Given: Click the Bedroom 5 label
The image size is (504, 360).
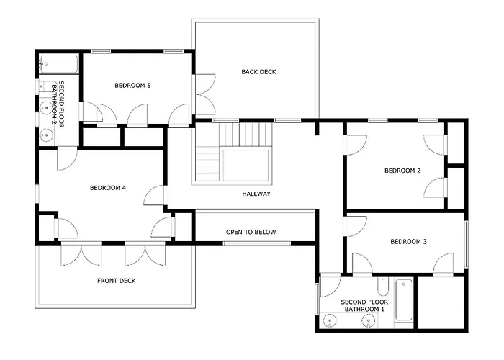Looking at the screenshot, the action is tap(132, 86).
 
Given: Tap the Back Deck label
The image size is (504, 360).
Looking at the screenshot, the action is tap(258, 72).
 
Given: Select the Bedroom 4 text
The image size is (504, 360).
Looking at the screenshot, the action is tap(108, 188).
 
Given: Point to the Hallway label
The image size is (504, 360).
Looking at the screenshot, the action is tap(256, 194).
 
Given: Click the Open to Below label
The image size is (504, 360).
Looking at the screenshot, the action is tap(251, 232).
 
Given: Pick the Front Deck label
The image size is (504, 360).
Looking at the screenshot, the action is tap(117, 281).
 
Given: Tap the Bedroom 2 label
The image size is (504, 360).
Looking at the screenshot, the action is tap(402, 171).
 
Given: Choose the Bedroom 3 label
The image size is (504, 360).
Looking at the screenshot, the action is tap(408, 241).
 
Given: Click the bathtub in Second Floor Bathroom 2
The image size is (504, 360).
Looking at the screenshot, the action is tap(58, 64).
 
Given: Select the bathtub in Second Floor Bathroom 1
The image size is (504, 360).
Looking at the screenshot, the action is tap(404, 300).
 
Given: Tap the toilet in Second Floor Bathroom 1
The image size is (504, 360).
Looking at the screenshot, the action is tap(383, 287).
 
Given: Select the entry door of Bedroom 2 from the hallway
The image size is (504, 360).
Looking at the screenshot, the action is tap(356, 145).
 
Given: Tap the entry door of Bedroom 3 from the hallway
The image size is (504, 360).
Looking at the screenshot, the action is tap(356, 227).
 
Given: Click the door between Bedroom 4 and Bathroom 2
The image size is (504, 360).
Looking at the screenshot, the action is tap(68, 158).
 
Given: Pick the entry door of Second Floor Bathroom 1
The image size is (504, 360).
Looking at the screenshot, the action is tap(330, 285).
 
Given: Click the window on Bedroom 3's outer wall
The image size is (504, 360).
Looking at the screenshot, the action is tap(466, 245).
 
